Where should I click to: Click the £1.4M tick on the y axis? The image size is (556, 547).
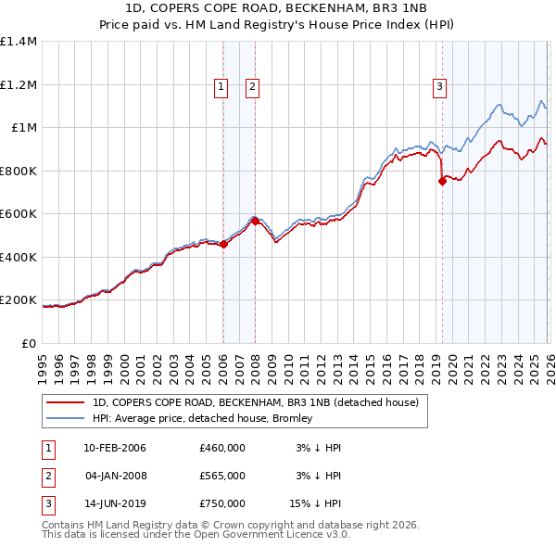coord(19,42)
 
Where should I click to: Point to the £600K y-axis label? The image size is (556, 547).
coord(19,214)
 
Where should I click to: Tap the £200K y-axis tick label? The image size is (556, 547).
coord(19,300)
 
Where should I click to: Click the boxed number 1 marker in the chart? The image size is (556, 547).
coord(222,88)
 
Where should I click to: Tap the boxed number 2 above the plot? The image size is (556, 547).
coord(253,88)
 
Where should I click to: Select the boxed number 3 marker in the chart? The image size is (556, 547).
coord(438,88)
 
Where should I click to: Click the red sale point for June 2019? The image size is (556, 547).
coord(442,182)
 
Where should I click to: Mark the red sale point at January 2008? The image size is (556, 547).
coord(255,221)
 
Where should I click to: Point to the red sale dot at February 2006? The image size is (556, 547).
coord(223,244)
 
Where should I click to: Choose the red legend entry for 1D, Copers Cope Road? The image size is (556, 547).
coord(256,402)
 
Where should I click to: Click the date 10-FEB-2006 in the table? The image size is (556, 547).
coord(115,448)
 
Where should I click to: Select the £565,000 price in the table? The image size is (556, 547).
coord(222,476)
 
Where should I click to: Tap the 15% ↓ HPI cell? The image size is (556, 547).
coord(314,504)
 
